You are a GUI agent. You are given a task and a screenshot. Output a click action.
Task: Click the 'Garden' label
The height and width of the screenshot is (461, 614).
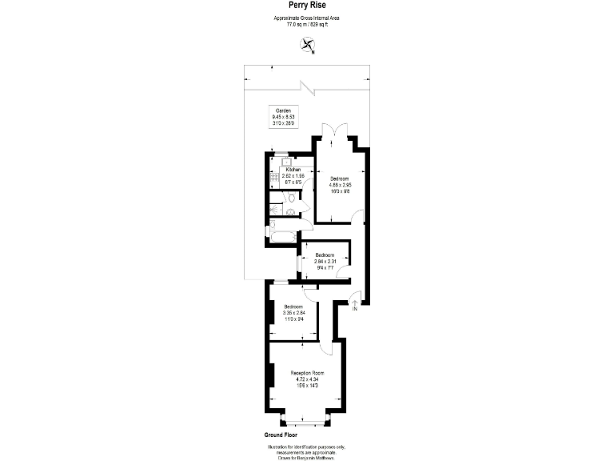click(x=283, y=110)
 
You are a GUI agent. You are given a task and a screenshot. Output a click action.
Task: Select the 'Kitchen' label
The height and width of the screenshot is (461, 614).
click(x=293, y=170)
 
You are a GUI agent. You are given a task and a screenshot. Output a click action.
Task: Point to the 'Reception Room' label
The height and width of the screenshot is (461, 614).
click(x=307, y=373)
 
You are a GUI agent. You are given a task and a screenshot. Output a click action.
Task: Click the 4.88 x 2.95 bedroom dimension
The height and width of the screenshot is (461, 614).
click(x=341, y=185)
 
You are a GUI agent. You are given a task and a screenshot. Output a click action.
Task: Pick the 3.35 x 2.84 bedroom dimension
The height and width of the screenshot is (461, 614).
click(x=293, y=314)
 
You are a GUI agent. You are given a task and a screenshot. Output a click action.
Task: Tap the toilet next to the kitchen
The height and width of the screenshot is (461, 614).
click(x=293, y=211)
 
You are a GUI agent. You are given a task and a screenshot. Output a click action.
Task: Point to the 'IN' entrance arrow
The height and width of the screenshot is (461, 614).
click(x=355, y=305)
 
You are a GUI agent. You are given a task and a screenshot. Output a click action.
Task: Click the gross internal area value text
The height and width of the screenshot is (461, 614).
click(x=307, y=25)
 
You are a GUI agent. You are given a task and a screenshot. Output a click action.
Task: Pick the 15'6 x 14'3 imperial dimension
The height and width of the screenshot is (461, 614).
click(x=307, y=387)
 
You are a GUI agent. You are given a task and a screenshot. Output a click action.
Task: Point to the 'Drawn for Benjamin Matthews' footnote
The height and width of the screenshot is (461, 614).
click(x=307, y=458)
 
